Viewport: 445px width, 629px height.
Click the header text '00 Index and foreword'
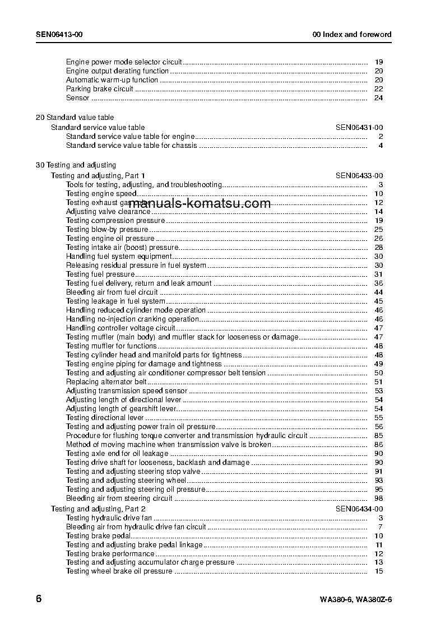(352, 35)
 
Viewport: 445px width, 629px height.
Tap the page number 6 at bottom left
(39, 598)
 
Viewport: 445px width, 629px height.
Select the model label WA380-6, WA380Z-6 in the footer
(355, 599)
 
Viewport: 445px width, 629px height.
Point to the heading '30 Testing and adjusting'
(76, 165)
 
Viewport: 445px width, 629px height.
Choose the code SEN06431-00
(359, 128)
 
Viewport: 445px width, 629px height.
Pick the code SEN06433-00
(359, 175)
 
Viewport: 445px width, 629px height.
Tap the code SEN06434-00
(359, 509)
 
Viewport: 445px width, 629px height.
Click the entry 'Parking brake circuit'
(100, 89)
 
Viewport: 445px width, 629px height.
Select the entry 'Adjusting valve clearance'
(108, 212)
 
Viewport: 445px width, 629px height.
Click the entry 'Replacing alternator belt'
(106, 382)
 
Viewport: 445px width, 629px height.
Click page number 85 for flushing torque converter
(378, 436)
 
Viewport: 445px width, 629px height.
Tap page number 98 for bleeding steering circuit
(378, 498)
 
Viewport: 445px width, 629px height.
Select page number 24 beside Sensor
(378, 98)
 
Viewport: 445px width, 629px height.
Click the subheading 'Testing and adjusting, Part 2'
(98, 509)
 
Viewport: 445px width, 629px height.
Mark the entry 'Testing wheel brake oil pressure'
(119, 571)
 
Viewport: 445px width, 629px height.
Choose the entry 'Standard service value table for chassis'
(131, 146)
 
